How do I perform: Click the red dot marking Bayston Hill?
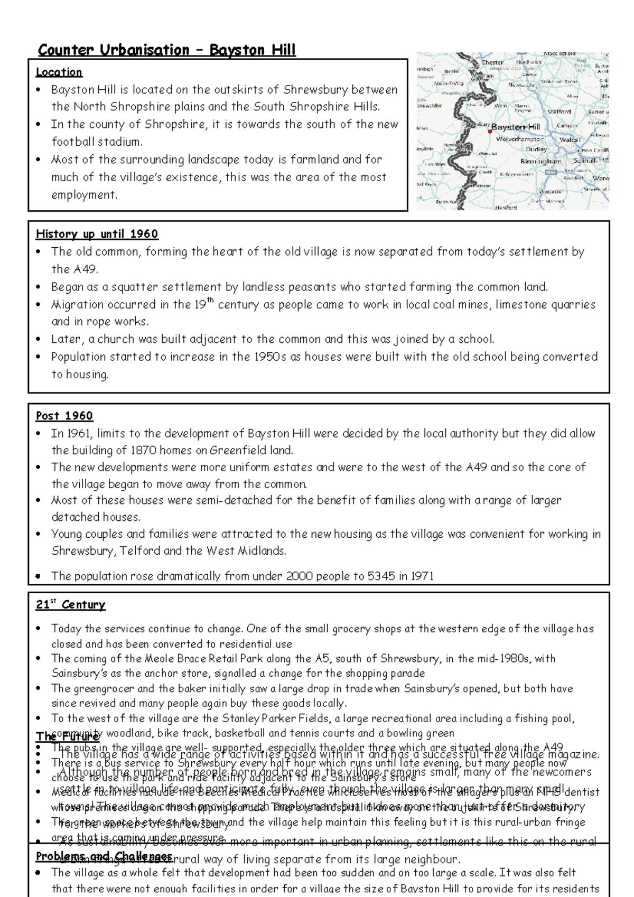click(x=490, y=131)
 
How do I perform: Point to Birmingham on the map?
click(x=540, y=161)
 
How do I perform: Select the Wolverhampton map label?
click(x=519, y=139)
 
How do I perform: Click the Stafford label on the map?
click(x=559, y=112)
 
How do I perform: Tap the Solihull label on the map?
click(x=584, y=160)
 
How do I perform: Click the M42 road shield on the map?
click(x=551, y=172)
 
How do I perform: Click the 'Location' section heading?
click(x=59, y=72)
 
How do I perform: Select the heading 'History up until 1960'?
click(x=97, y=234)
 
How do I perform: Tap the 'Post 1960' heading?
click(x=64, y=416)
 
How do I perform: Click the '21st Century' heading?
click(x=70, y=605)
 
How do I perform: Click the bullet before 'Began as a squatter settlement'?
click(x=38, y=287)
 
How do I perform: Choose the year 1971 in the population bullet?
click(x=422, y=576)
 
